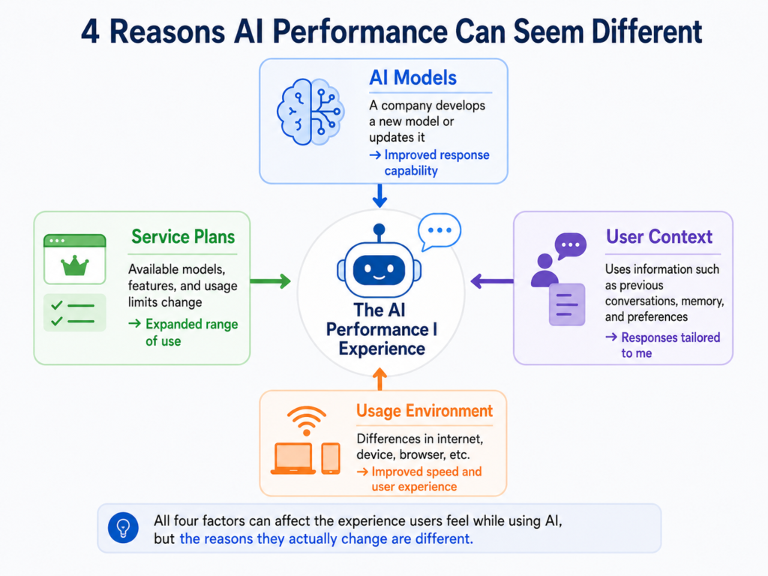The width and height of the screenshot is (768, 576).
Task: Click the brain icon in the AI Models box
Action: coord(310,112)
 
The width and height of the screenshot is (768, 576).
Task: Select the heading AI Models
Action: coord(413,78)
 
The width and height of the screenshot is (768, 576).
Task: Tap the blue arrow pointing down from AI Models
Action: coord(379,196)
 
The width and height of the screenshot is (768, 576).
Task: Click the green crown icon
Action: coord(75,265)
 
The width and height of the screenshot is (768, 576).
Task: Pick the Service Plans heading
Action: coord(183,237)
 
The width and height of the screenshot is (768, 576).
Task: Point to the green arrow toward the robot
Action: coord(270,281)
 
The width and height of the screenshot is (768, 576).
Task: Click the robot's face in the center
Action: coord(379,270)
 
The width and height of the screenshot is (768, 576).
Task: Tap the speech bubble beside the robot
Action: coord(439,232)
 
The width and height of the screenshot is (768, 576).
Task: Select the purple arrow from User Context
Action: coord(492,281)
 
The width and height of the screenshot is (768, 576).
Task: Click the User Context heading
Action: coord(659,237)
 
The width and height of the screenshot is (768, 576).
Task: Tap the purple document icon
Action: coord(567,304)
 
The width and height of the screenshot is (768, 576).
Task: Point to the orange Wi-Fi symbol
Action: coord(307,421)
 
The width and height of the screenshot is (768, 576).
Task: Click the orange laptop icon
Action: coord(293,459)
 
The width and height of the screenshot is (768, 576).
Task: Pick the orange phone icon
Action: coord(331,458)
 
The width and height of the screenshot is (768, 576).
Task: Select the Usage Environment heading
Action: coord(424,411)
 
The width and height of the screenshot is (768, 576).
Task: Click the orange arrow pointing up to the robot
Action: coord(379,379)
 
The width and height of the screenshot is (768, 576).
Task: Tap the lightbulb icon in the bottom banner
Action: coord(123,528)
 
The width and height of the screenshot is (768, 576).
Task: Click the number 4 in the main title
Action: coord(90,32)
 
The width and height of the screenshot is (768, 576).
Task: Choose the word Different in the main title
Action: coord(646,31)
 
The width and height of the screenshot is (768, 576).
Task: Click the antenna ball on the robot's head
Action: coord(379,229)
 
